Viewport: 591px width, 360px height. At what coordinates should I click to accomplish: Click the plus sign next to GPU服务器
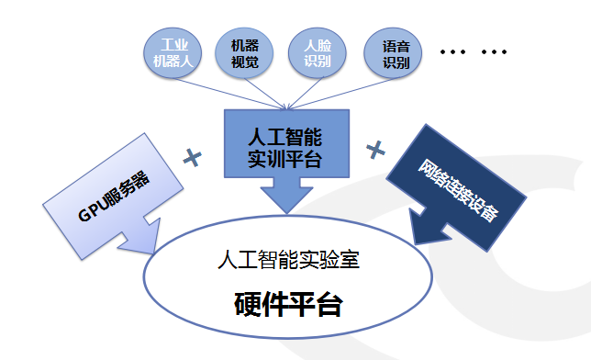193,157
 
